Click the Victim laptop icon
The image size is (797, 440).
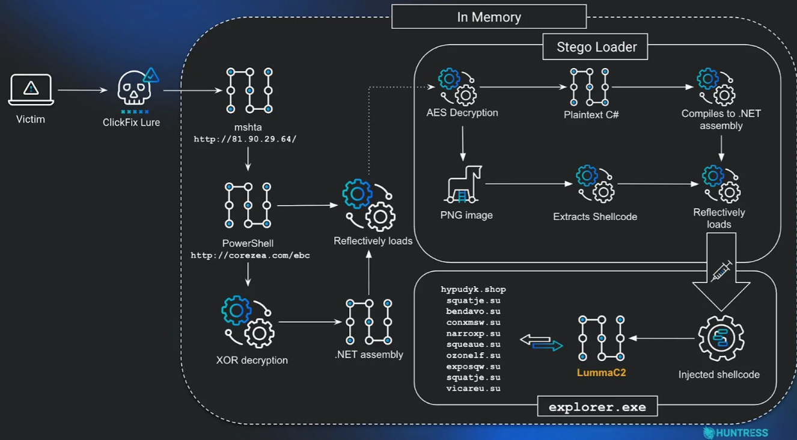click(x=31, y=90)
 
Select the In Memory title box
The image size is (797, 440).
click(x=489, y=17)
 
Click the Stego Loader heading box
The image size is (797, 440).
click(x=595, y=47)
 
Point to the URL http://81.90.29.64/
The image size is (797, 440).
click(x=245, y=139)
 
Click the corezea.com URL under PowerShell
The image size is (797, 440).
click(x=250, y=255)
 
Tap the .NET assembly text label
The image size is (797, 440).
click(x=368, y=355)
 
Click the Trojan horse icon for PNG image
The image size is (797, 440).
click(x=464, y=184)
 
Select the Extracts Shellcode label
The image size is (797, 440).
click(x=595, y=216)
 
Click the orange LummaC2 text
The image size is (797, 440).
click(x=601, y=373)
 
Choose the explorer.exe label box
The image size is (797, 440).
click(x=597, y=407)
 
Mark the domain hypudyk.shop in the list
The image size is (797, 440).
click(x=473, y=290)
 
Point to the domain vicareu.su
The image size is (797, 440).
click(x=473, y=389)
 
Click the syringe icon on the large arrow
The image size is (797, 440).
click(x=721, y=271)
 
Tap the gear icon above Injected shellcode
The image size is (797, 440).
click(x=720, y=339)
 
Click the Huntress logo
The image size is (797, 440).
click(x=735, y=432)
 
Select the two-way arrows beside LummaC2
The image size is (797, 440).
click(x=541, y=343)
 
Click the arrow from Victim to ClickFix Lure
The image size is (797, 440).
click(x=82, y=91)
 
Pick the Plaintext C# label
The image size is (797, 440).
click(x=591, y=115)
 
